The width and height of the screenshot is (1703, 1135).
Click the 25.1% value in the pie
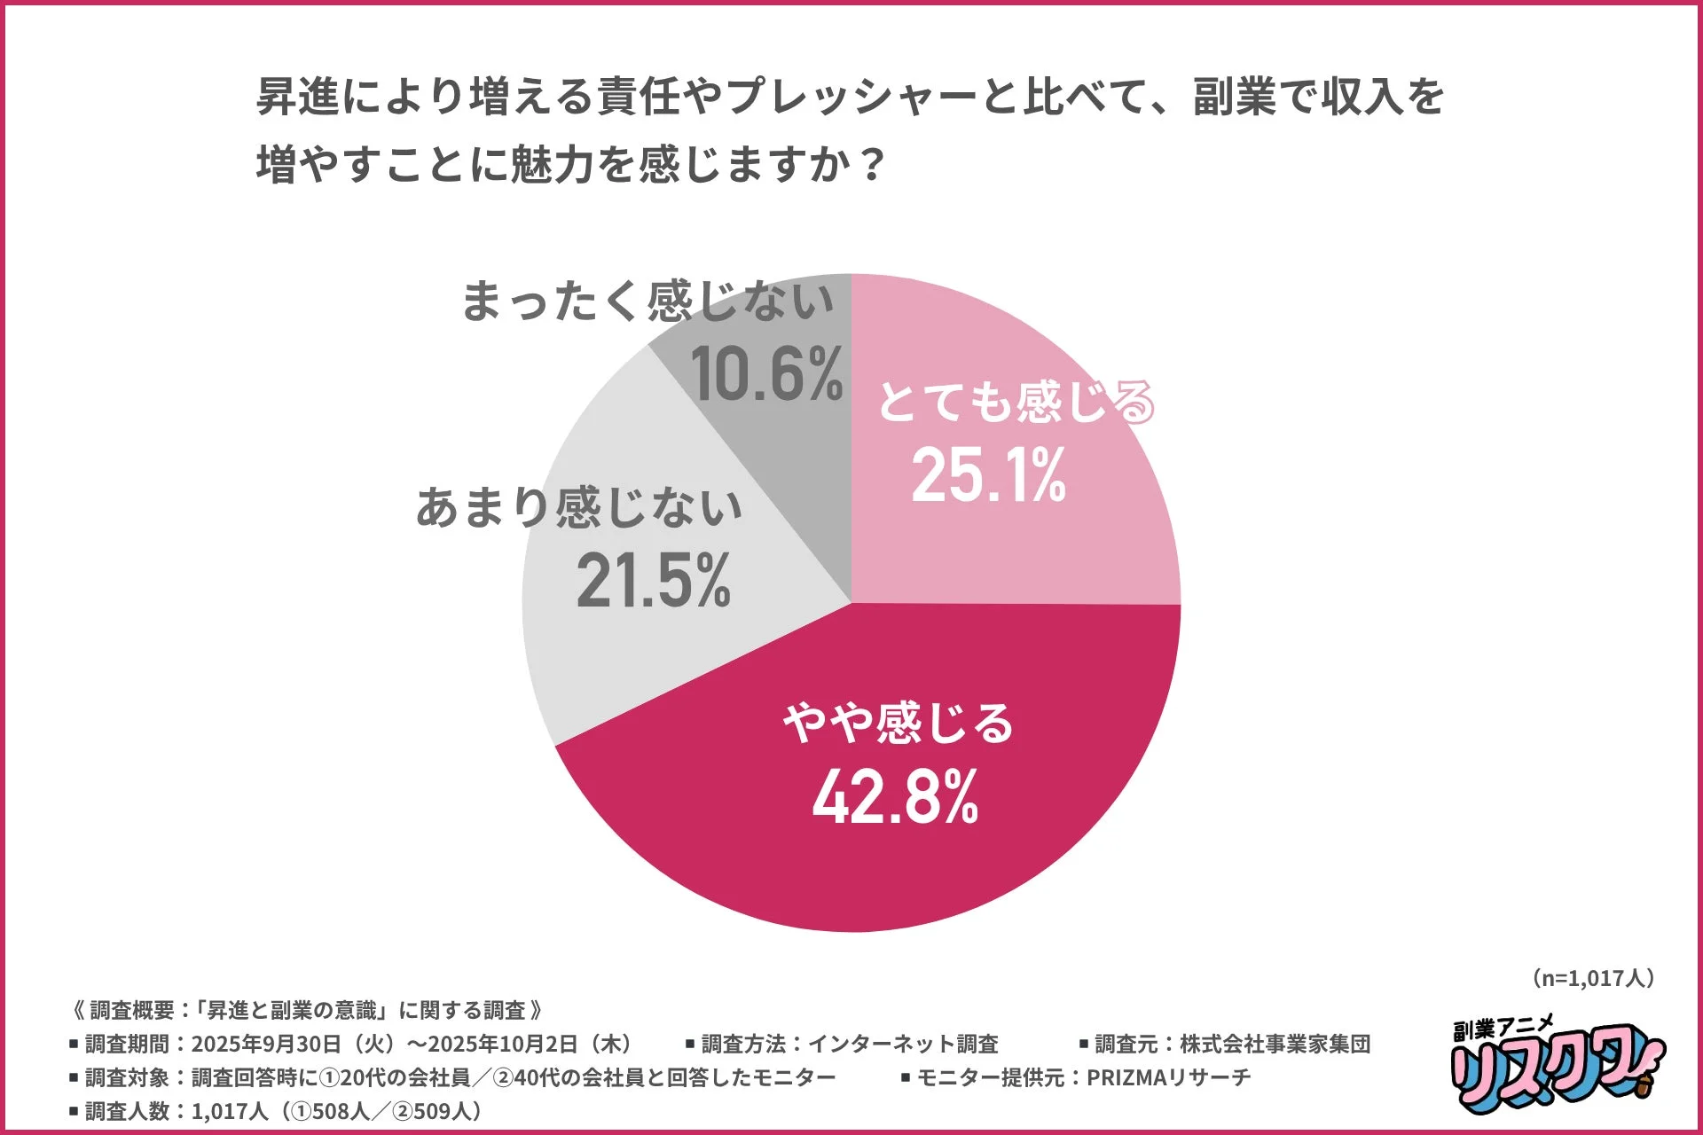click(x=988, y=476)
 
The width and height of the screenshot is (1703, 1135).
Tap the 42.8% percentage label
click(x=895, y=796)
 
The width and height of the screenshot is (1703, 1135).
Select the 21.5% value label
click(x=654, y=582)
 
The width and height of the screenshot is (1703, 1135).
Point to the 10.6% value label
click(x=767, y=374)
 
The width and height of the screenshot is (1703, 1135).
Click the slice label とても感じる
click(x=1016, y=402)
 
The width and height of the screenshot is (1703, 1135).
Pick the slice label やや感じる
click(x=898, y=722)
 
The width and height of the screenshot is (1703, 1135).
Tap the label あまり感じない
click(x=579, y=507)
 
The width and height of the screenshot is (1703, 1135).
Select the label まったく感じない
click(x=647, y=301)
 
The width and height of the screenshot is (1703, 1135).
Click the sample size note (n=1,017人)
click(x=1592, y=978)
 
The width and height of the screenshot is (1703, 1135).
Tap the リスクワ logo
click(x=1557, y=1064)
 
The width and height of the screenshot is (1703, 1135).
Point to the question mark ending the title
click(x=874, y=164)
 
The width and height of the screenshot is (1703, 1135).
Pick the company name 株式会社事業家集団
click(x=1275, y=1044)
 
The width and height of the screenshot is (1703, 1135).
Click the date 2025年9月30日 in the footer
click(x=266, y=1044)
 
